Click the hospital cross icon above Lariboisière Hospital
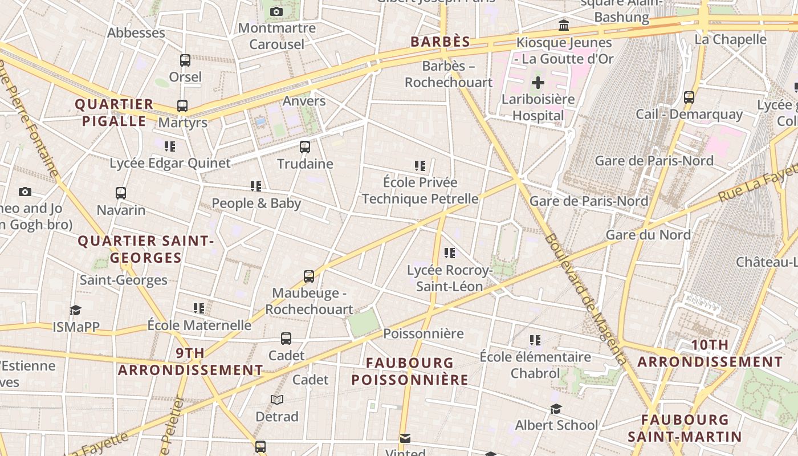coord(538,83)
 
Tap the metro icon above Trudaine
coord(305,147)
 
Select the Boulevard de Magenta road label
coord(585,299)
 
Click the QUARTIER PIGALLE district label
coord(115,112)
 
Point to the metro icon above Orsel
coord(185,60)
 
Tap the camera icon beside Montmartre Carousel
coord(276,12)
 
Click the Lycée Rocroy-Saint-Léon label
coord(449,278)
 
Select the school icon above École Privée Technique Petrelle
coord(420,166)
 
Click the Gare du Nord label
coord(648,235)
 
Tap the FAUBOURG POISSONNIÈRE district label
coord(410,371)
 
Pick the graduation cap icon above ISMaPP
coord(76,310)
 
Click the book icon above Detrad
coord(277,400)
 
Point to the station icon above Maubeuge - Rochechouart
coord(309,276)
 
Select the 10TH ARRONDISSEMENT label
coord(710,353)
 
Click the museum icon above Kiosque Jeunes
coord(564,26)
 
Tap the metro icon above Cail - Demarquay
coord(689,97)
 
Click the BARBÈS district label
coord(441,42)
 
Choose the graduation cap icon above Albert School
coord(556,409)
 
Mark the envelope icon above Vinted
coord(405,438)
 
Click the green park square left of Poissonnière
coord(363,323)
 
